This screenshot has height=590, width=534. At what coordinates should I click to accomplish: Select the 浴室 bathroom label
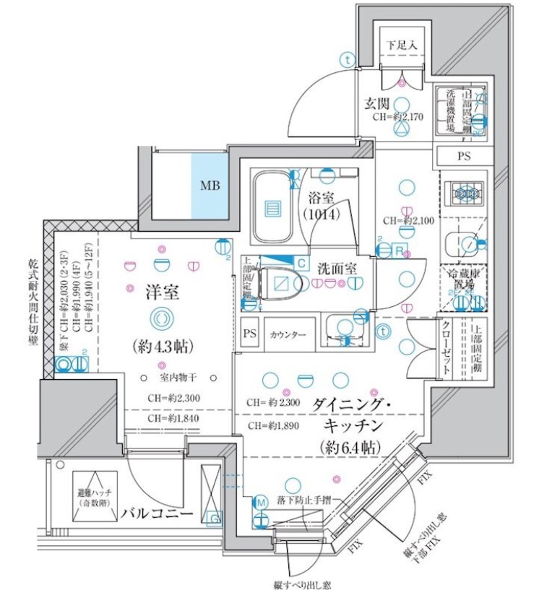(322, 196)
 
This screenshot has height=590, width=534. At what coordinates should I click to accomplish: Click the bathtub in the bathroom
(272, 208)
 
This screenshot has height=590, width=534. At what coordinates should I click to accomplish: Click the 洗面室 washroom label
(337, 267)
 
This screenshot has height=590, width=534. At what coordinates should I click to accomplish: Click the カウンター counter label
(288, 335)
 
